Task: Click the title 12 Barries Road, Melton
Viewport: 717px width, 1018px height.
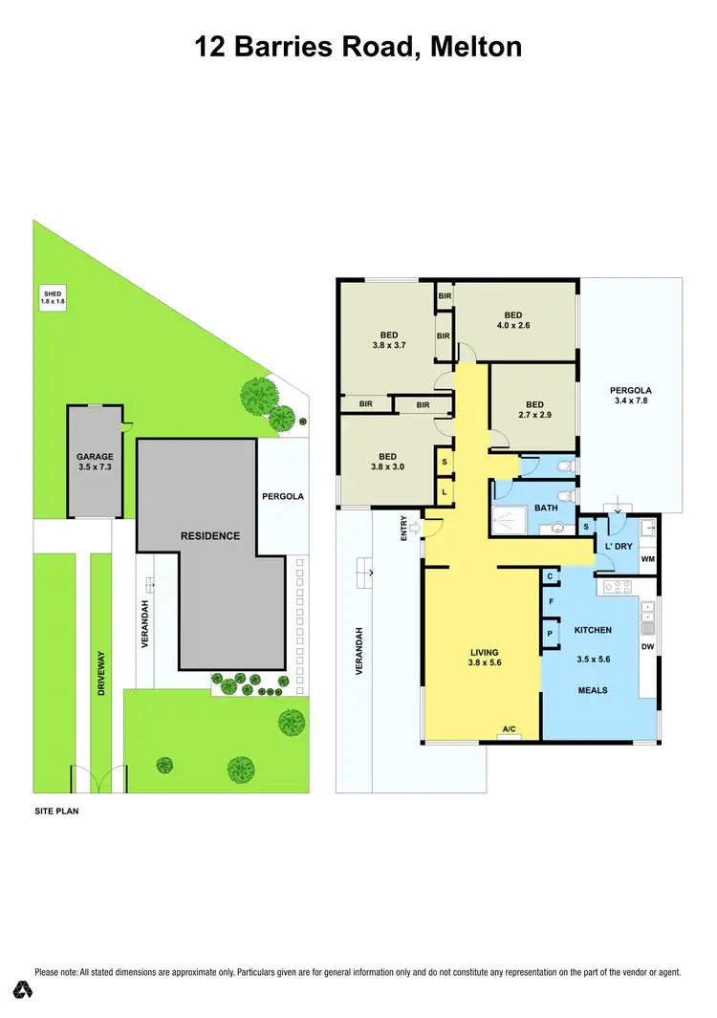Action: click(358, 46)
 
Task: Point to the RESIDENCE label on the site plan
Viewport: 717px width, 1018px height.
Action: click(210, 535)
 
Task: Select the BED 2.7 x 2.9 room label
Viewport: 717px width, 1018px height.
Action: click(533, 409)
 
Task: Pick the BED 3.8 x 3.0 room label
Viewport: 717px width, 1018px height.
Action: click(387, 462)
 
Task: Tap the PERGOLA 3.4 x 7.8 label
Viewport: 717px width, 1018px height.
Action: click(631, 396)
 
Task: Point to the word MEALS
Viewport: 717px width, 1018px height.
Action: click(592, 690)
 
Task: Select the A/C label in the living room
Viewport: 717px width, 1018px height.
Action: click(509, 730)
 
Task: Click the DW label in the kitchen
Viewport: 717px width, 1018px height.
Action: click(648, 646)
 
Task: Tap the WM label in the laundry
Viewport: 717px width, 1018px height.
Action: click(647, 558)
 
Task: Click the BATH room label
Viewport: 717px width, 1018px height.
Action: click(546, 508)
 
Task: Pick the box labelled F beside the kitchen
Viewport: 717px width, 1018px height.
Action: click(551, 601)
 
